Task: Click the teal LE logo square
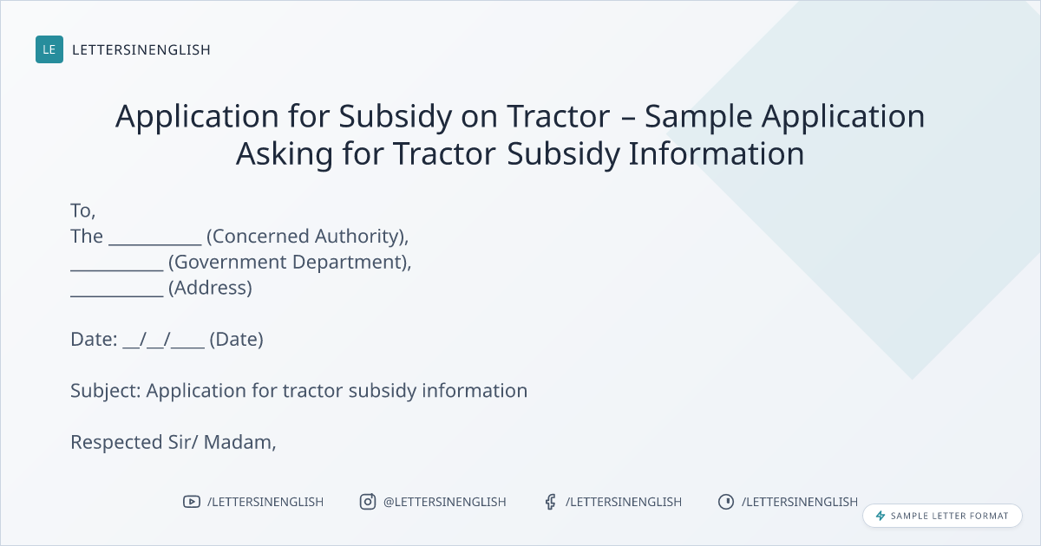pyautogui.click(x=49, y=49)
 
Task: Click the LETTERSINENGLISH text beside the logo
pyautogui.click(x=141, y=49)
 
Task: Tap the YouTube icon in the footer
pyautogui.click(x=192, y=502)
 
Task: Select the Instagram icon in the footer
pyautogui.click(x=368, y=502)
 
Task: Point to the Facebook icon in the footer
pyautogui.click(x=550, y=502)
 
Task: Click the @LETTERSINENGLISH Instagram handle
pyautogui.click(x=445, y=502)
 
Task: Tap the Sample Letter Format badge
pyautogui.click(x=942, y=516)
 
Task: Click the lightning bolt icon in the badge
pyautogui.click(x=881, y=516)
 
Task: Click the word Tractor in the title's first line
pyautogui.click(x=558, y=115)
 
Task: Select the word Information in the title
pyautogui.click(x=717, y=153)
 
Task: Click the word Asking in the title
pyautogui.click(x=285, y=153)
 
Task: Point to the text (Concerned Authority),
pyautogui.click(x=307, y=237)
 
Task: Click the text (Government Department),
pyautogui.click(x=290, y=263)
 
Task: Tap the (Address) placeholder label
pyautogui.click(x=210, y=288)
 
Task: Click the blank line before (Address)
pyautogui.click(x=116, y=296)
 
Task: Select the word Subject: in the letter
pyautogui.click(x=106, y=391)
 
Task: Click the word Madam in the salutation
pyautogui.click(x=239, y=443)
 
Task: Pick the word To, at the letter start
pyautogui.click(x=82, y=211)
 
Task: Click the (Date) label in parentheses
pyautogui.click(x=236, y=340)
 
